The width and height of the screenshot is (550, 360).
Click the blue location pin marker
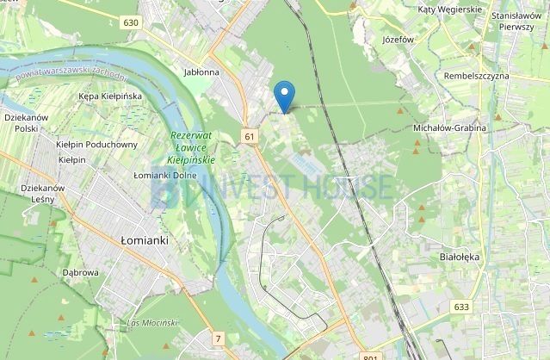(285, 94)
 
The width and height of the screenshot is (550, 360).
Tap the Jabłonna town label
(201, 72)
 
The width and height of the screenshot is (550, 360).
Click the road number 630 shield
(130, 22)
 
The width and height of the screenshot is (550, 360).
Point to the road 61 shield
(250, 136)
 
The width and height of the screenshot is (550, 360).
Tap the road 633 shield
(462, 307)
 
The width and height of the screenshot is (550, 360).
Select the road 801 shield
(370, 357)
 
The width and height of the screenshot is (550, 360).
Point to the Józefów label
(397, 39)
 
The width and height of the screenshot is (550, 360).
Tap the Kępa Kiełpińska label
(109, 96)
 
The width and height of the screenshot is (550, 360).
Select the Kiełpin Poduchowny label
(97, 145)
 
